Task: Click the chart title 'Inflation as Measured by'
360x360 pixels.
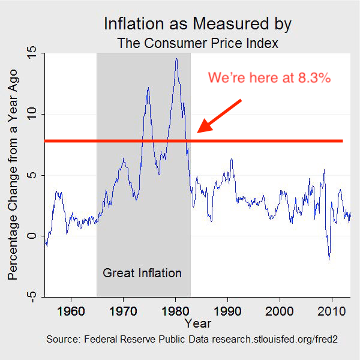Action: [x=197, y=24]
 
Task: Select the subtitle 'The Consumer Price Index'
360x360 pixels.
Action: [x=197, y=43]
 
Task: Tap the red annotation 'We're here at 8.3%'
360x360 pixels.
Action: [x=269, y=79]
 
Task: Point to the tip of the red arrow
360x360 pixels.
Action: [x=199, y=131]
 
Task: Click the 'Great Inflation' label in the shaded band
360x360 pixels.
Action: [x=142, y=273]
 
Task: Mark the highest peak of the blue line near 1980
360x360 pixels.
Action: [x=176, y=58]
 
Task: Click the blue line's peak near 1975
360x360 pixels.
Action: [x=148, y=88]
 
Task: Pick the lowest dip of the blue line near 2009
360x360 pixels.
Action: [x=329, y=259]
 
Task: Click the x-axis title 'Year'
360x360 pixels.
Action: [x=197, y=324]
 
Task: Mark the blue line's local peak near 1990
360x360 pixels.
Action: [x=231, y=159]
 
